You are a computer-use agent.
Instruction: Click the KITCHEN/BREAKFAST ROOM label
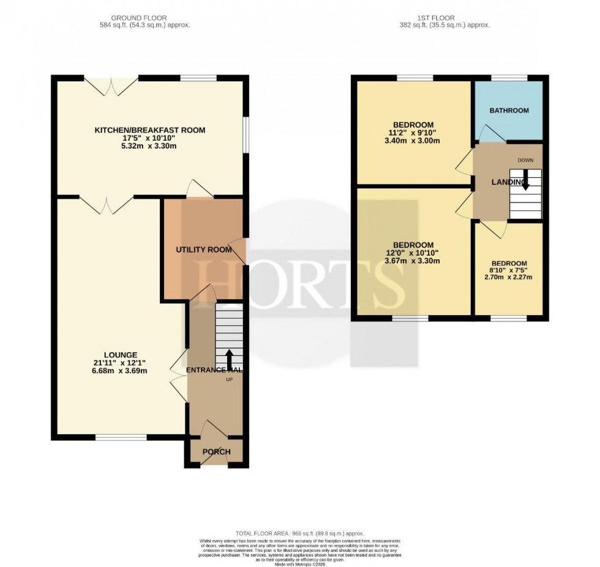(149, 130)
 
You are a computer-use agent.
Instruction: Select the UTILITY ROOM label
(203, 250)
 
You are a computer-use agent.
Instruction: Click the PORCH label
(216, 452)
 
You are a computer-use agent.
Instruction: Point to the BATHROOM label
(509, 111)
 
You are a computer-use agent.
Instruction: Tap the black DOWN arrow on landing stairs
(525, 182)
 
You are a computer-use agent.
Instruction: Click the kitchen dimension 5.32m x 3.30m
(149, 146)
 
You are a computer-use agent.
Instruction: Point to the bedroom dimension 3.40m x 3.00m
(414, 141)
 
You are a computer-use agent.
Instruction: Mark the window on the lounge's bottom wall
(121, 437)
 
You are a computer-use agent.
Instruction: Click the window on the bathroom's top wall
(509, 78)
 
